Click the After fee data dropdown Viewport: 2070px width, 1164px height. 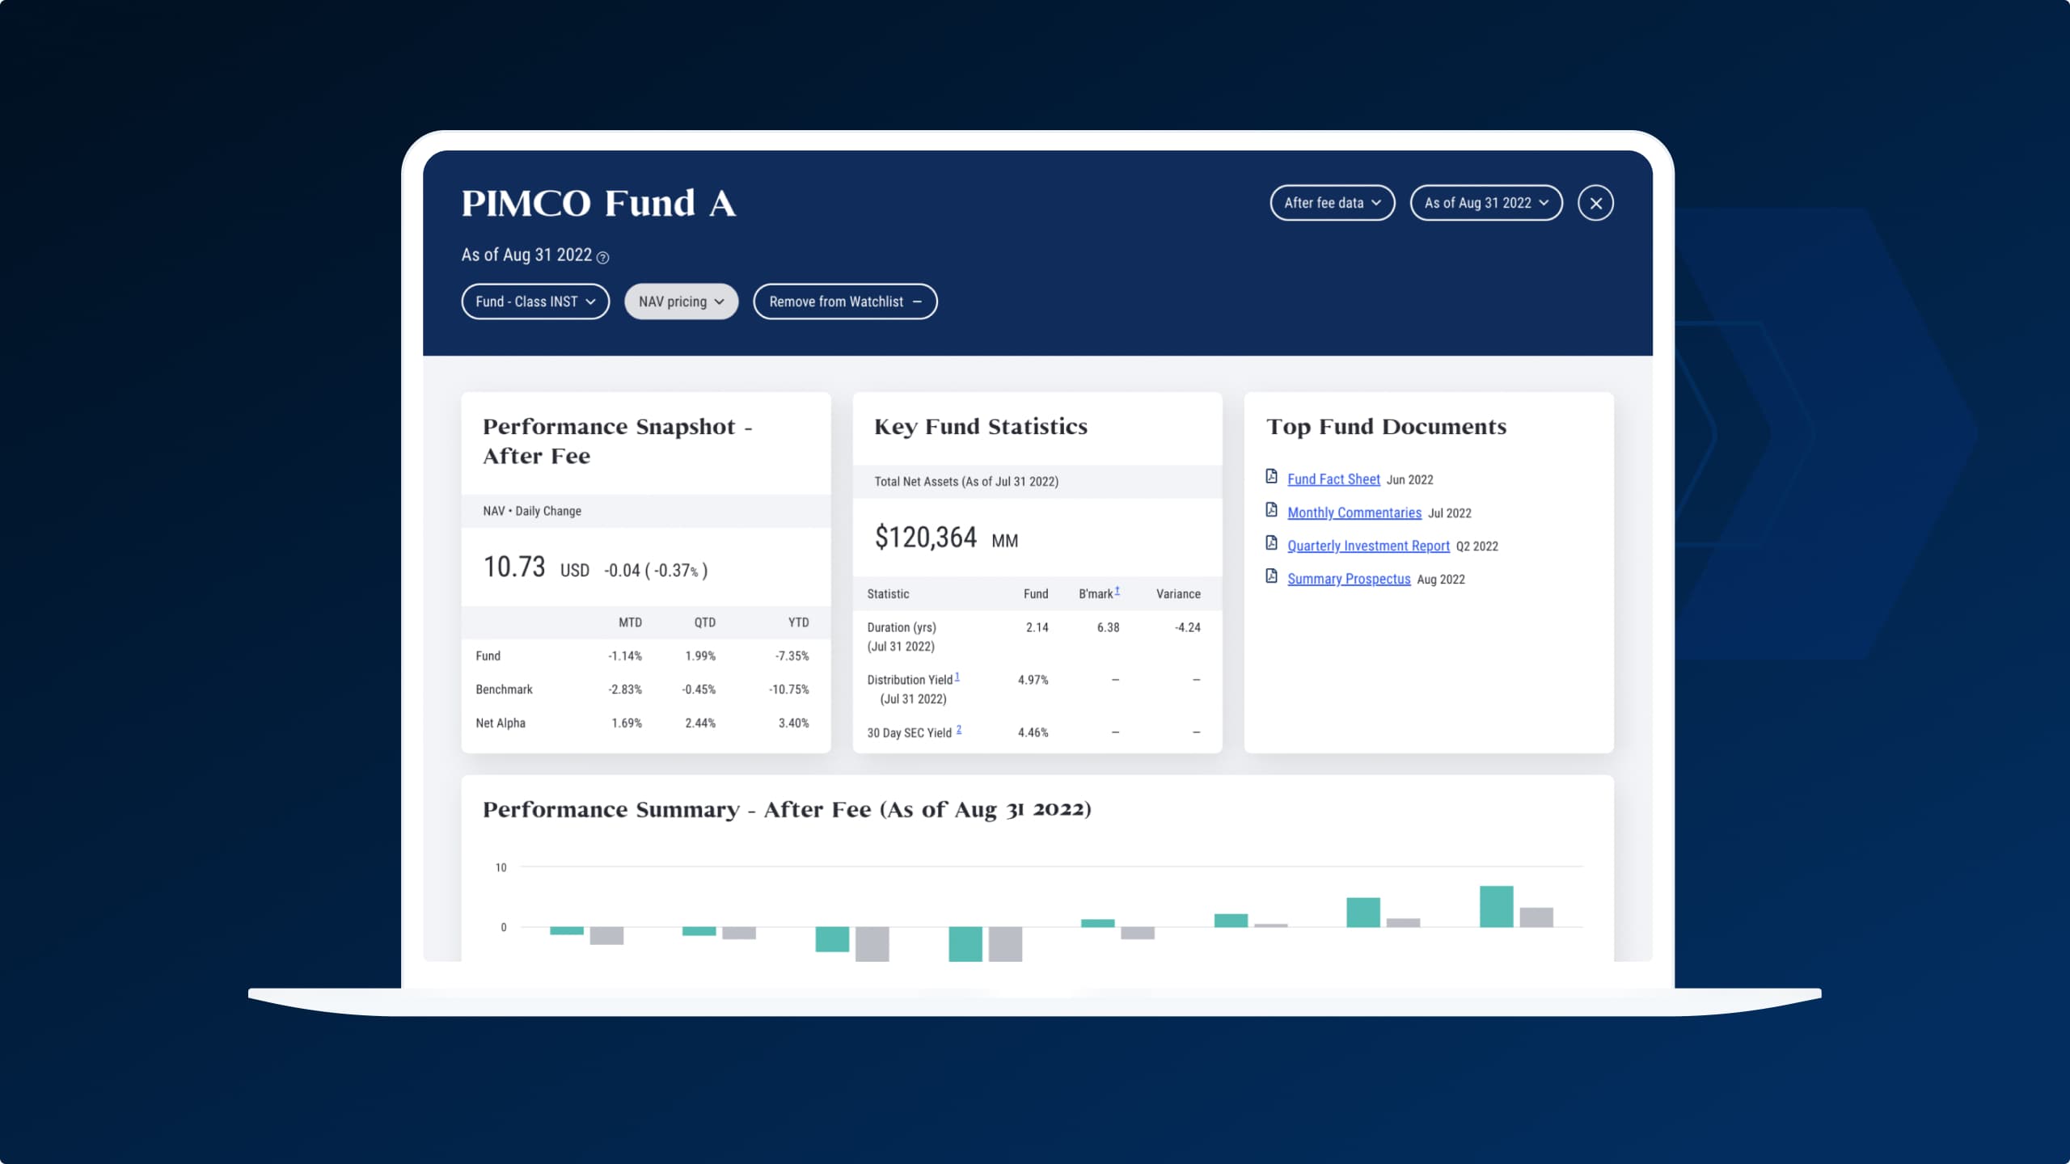tap(1332, 203)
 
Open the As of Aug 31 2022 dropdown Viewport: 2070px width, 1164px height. tap(1485, 203)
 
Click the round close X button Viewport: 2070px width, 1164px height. tap(1595, 203)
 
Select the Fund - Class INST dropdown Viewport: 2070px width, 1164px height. tap(534, 302)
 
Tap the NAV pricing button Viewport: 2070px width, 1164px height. tap(681, 302)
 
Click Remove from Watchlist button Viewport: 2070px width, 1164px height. tap(844, 302)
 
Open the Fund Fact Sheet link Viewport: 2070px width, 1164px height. tap(1333, 479)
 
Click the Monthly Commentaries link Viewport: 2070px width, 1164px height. tap(1354, 512)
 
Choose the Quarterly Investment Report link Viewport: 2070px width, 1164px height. tap(1368, 546)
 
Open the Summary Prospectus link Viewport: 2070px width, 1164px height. tap(1349, 579)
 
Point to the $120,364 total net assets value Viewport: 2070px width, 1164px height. tap(926, 538)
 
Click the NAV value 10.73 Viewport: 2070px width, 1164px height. tap(514, 567)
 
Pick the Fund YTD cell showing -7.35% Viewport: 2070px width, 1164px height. tap(792, 656)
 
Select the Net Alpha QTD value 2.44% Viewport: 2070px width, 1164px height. tap(700, 723)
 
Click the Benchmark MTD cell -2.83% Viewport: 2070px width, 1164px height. tap(624, 690)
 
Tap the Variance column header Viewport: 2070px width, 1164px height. tap(1177, 594)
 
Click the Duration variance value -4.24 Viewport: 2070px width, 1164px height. tap(1187, 627)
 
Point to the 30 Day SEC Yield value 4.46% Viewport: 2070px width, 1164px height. tap(1033, 732)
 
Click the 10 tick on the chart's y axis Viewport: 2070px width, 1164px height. tap(501, 867)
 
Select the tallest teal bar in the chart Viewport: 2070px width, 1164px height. tap(1496, 906)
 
